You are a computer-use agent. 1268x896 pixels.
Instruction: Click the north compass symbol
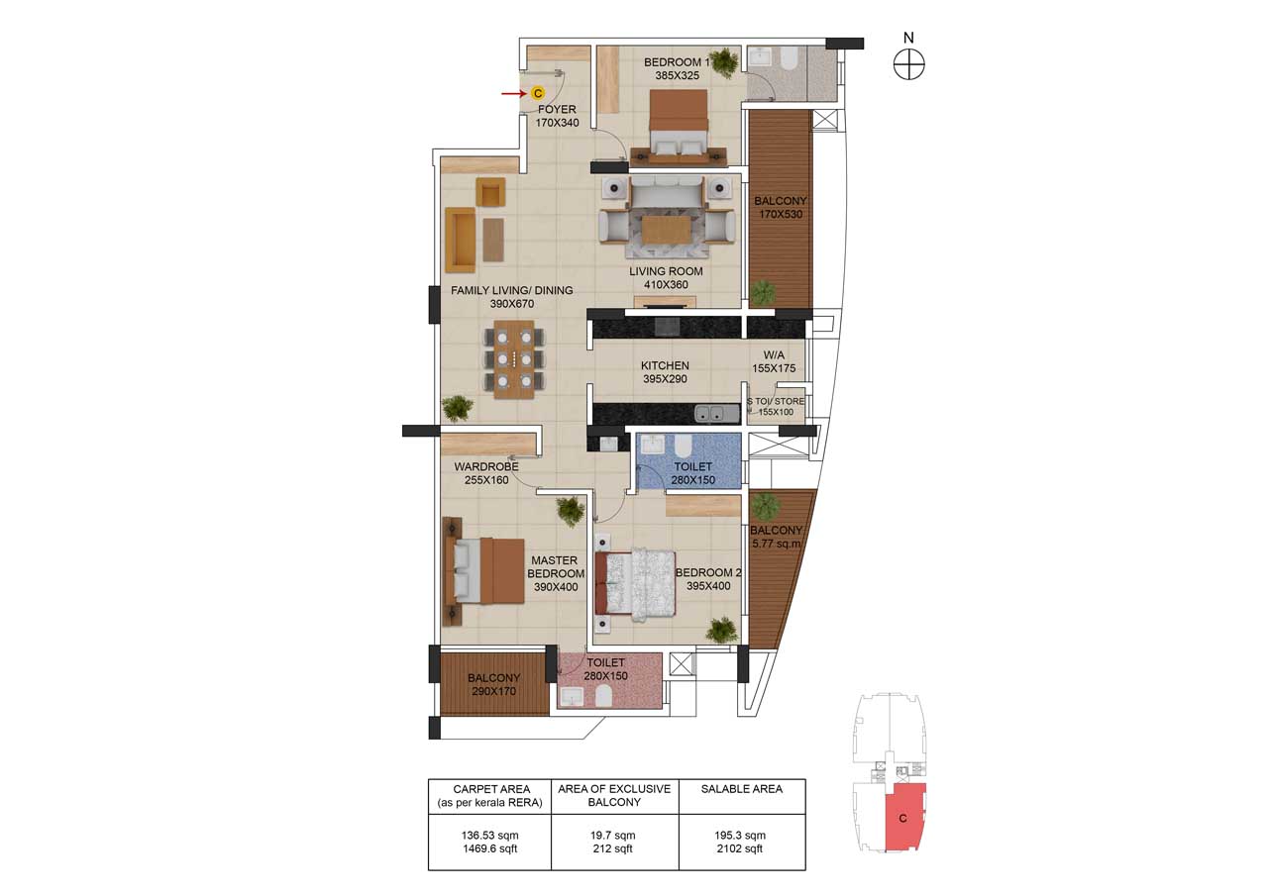pyautogui.click(x=908, y=64)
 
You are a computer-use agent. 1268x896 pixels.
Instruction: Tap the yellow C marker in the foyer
pyautogui.click(x=537, y=93)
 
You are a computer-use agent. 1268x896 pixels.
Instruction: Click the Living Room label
pyautogui.click(x=666, y=271)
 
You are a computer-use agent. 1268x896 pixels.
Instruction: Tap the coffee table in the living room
pyautogui.click(x=667, y=230)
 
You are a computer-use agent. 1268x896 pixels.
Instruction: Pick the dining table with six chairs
pyautogui.click(x=513, y=358)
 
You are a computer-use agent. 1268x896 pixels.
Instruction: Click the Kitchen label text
pyautogui.click(x=665, y=366)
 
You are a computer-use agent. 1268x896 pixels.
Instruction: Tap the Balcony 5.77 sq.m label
pyautogui.click(x=776, y=537)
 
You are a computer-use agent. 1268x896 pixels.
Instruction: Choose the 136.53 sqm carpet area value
pyautogui.click(x=489, y=836)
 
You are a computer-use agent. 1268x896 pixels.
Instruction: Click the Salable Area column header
pyautogui.click(x=741, y=789)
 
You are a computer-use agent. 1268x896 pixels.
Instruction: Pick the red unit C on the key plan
pyautogui.click(x=902, y=818)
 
